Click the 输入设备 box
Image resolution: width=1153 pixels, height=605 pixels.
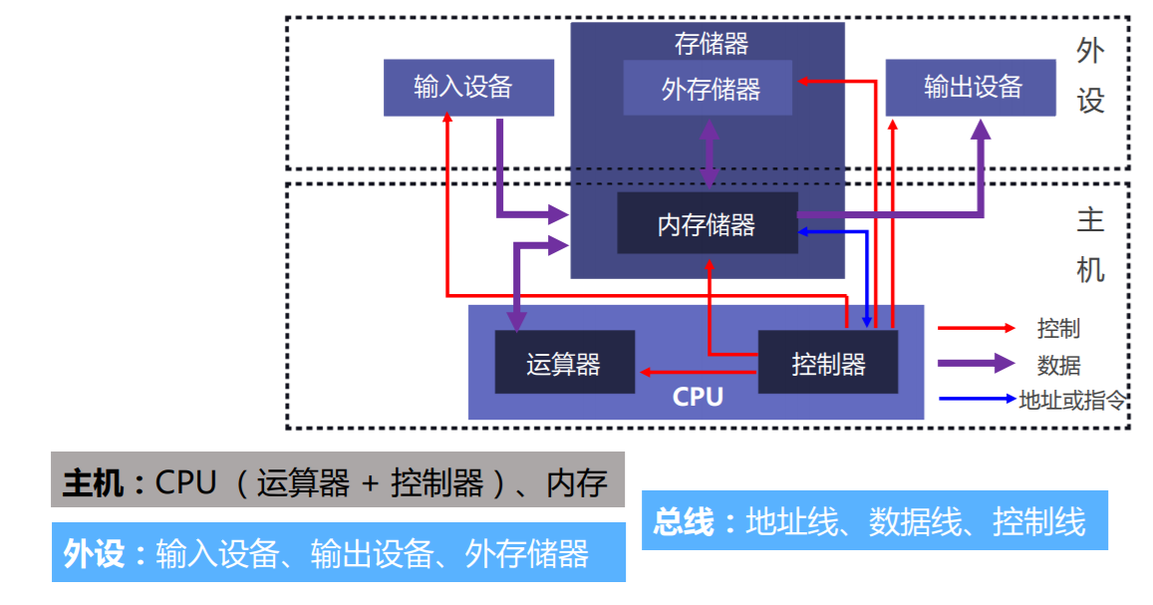pos(468,87)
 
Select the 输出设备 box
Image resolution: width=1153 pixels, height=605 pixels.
pos(971,87)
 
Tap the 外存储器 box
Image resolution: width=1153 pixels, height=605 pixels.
pos(709,89)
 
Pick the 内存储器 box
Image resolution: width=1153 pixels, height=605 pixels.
pos(708,224)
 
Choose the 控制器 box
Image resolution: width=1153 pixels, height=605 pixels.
pos(828,363)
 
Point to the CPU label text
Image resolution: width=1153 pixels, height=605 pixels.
pos(698,398)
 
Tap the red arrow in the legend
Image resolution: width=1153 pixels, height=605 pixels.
pos(976,328)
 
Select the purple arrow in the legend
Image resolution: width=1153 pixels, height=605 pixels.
pos(976,364)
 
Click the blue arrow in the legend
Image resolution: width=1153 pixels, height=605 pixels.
pos(976,400)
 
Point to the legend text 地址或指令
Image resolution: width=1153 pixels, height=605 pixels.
pos(1072,401)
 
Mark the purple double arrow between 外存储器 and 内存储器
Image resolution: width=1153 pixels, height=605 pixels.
pos(710,153)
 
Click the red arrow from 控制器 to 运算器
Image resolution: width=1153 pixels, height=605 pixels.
pos(699,372)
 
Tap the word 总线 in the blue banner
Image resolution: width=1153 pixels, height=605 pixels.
pos(685,520)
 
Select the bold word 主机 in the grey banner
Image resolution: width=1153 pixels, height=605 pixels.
pos(93,483)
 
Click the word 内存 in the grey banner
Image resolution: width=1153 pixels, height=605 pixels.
pos(577,483)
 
